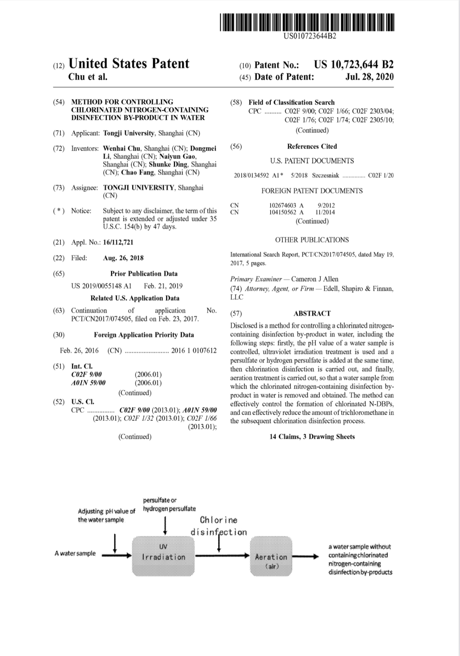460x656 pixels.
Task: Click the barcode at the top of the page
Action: (306, 22)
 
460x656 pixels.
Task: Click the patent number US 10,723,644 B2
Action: (354, 65)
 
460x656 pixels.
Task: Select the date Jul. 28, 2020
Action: (369, 77)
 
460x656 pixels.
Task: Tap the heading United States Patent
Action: (129, 64)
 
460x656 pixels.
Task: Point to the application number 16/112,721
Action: (118, 242)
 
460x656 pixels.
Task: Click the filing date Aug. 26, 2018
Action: (123, 258)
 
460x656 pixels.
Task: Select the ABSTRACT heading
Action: (312, 313)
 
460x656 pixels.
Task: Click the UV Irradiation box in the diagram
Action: (163, 556)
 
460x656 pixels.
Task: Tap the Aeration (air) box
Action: (271, 556)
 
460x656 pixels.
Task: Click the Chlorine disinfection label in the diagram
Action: (219, 526)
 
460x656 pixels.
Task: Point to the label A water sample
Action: (75, 553)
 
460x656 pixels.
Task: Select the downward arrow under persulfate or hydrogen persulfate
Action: (166, 525)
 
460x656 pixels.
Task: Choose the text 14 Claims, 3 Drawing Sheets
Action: (312, 437)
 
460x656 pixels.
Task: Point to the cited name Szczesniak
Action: (326, 175)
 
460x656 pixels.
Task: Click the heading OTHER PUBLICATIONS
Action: (312, 240)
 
